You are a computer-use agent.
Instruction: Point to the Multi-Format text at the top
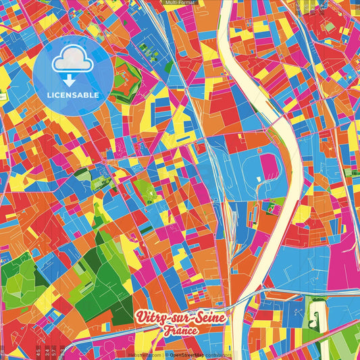[x=180, y=3]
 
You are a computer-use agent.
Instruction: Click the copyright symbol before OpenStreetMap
[x=167, y=354]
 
